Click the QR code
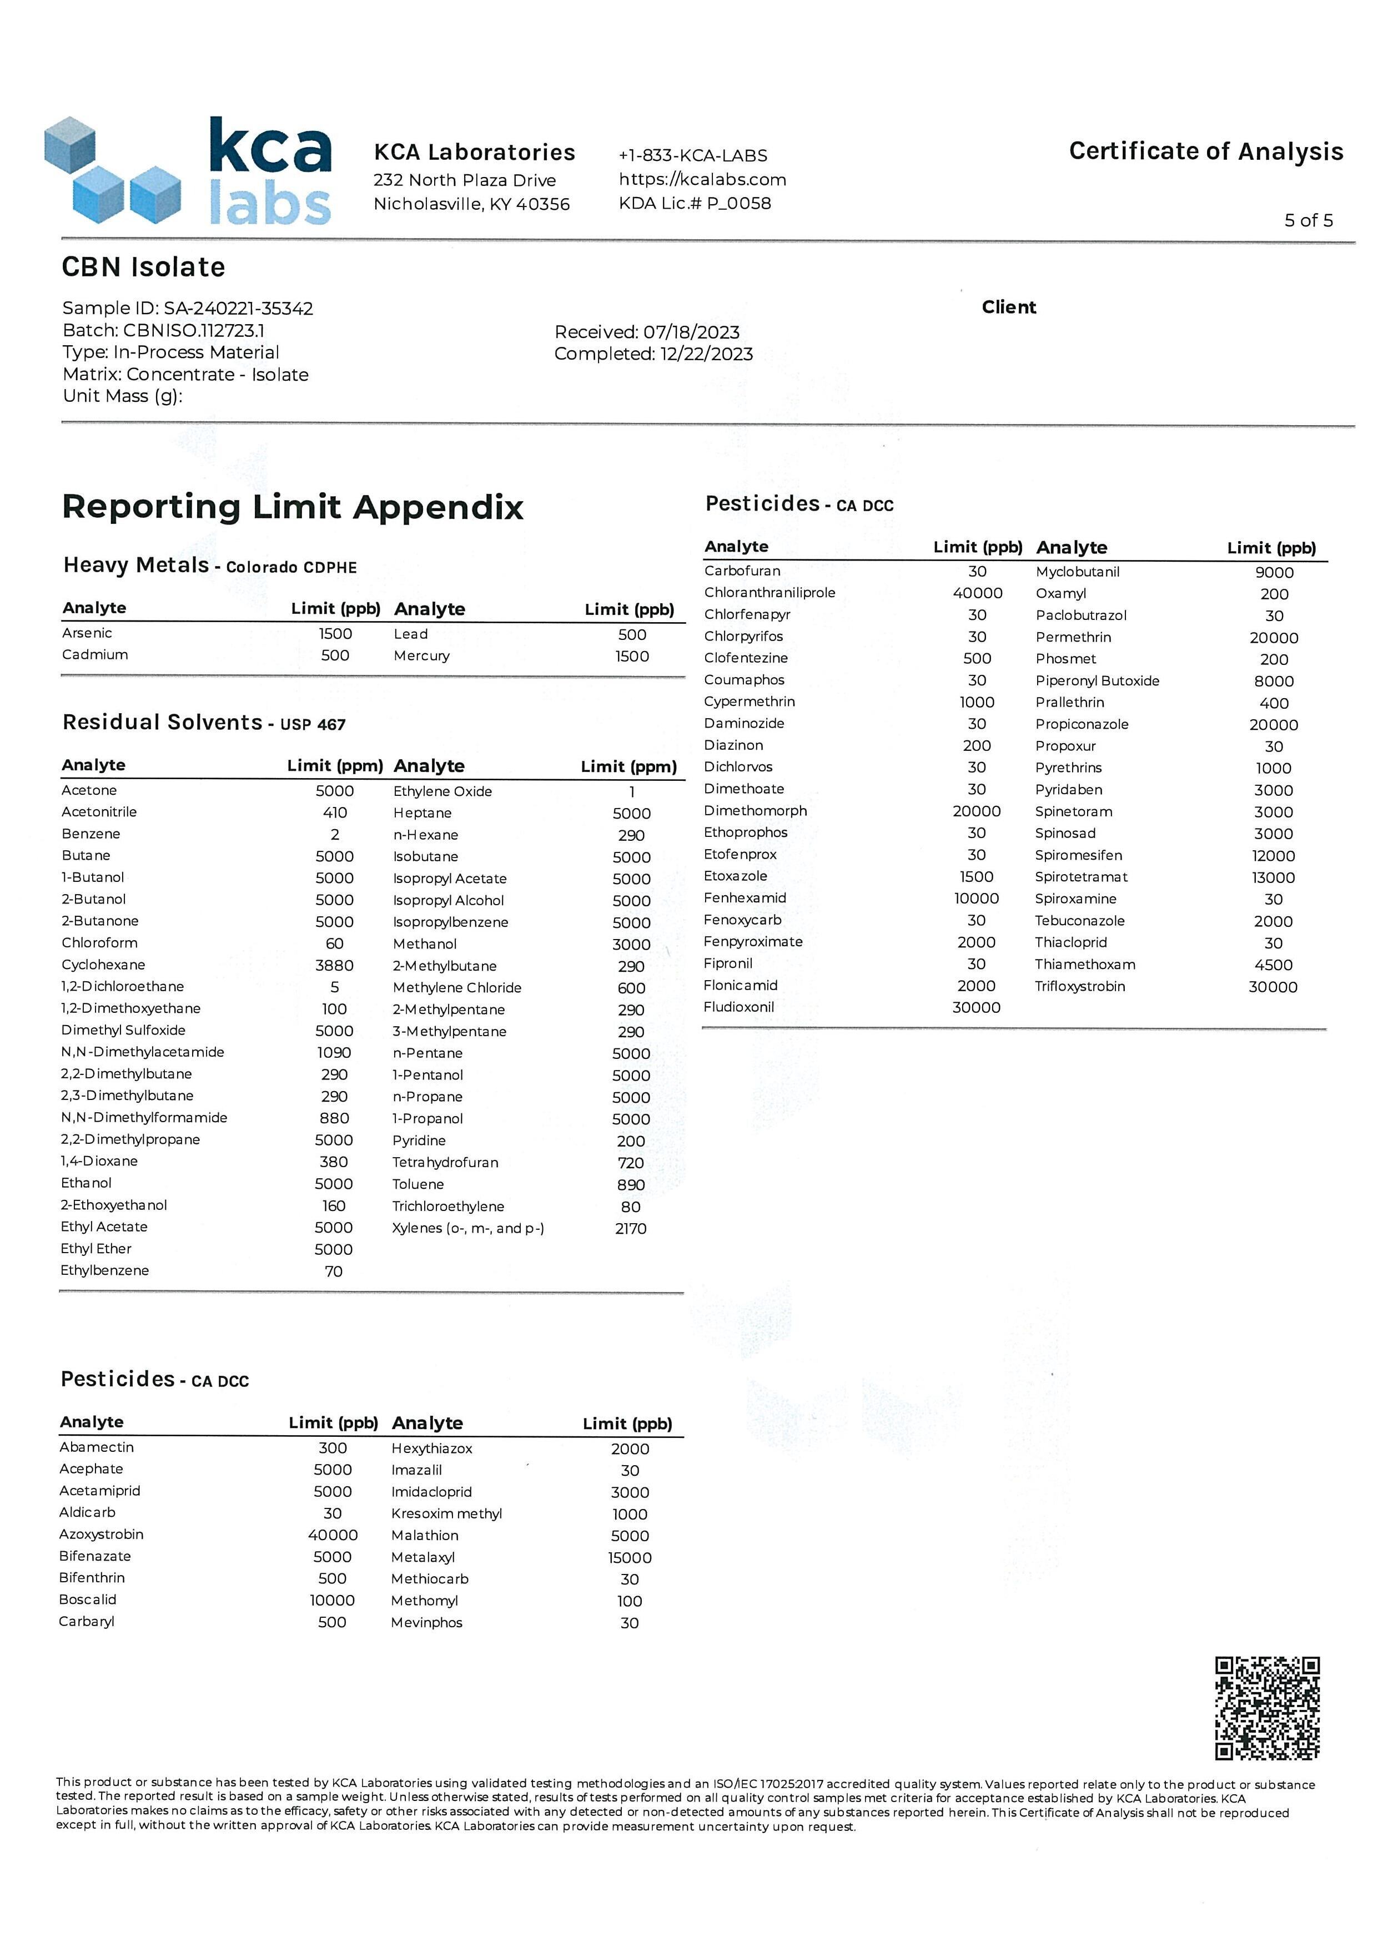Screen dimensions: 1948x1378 pyautogui.click(x=1267, y=1707)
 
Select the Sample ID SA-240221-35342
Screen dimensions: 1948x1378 pyautogui.click(x=238, y=308)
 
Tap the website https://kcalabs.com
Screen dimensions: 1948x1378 pyautogui.click(x=702, y=179)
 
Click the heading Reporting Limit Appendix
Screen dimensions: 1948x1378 pyautogui.click(x=293, y=507)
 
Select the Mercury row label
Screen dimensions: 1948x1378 pyautogui.click(x=422, y=656)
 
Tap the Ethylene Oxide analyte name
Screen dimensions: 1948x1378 pyautogui.click(x=442, y=791)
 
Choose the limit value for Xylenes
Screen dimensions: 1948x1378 pyautogui.click(x=631, y=1229)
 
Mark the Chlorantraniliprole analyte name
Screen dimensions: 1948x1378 pyautogui.click(x=770, y=592)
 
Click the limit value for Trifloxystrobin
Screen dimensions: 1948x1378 pyautogui.click(x=1273, y=987)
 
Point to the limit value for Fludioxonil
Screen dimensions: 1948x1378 pyautogui.click(x=976, y=1007)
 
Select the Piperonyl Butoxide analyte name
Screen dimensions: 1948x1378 pyautogui.click(x=1097, y=680)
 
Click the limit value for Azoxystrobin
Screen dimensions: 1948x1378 pyautogui.click(x=333, y=1535)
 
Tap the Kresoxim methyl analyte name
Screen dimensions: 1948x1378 pyautogui.click(x=446, y=1513)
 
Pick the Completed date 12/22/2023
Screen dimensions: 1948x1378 pyautogui.click(x=706, y=354)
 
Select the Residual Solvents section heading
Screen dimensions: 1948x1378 pyautogui.click(x=162, y=722)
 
